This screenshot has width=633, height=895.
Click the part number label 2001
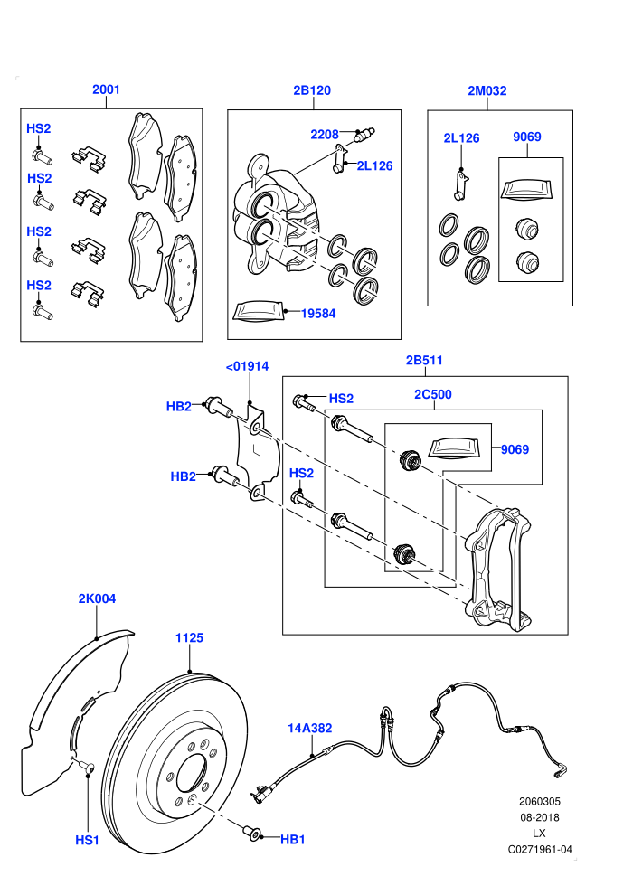(106, 89)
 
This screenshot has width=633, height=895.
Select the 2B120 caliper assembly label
(312, 90)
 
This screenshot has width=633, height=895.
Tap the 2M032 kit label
(487, 90)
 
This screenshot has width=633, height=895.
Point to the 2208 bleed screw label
(325, 135)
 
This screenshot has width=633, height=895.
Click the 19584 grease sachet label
(318, 314)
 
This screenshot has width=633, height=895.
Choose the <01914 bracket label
(247, 366)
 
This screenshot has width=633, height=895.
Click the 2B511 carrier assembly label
(424, 360)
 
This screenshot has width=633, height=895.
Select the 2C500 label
(433, 394)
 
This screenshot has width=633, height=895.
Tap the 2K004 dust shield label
(97, 598)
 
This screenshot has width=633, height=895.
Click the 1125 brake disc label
(190, 637)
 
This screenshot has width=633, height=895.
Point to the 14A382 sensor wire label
(310, 729)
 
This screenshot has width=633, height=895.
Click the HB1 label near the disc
(293, 840)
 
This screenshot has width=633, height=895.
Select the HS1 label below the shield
(88, 840)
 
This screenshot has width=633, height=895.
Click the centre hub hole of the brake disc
(192, 776)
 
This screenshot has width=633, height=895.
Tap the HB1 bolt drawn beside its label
(252, 834)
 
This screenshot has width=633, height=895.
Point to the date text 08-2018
(540, 817)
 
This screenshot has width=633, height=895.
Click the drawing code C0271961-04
(540, 849)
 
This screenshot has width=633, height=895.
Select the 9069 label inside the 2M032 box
(527, 137)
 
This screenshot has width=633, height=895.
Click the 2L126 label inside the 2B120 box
(375, 166)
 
